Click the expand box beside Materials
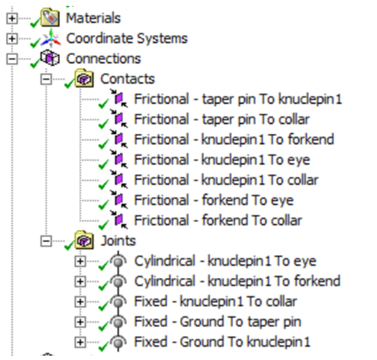(12, 18)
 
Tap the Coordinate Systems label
(127, 39)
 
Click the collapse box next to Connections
(12, 59)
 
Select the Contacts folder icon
(84, 78)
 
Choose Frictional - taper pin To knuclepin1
(238, 99)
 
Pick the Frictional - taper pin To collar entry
(222, 119)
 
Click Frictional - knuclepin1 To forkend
(234, 140)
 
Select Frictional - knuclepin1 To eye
(222, 160)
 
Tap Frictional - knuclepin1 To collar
(226, 180)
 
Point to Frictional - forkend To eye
(214, 200)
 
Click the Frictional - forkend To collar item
(218, 220)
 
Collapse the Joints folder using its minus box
(46, 241)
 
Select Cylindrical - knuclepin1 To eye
(225, 261)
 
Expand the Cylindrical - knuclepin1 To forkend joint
(81, 282)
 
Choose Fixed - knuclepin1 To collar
(215, 301)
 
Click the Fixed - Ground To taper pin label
(217, 322)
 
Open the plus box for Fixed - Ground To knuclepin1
(81, 342)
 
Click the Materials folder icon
(50, 18)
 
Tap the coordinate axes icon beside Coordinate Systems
(51, 38)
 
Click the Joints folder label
(118, 241)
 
